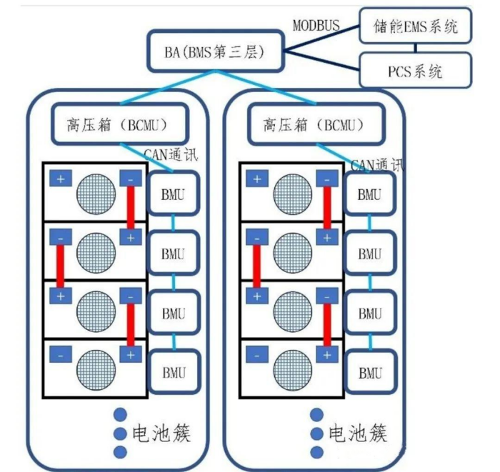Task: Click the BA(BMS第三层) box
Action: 215,51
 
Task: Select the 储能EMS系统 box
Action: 415,28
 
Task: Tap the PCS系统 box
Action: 415,71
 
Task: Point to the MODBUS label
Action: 317,26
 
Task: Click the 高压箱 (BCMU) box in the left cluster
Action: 121,124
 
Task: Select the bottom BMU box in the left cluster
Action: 173,371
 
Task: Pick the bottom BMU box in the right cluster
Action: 369,371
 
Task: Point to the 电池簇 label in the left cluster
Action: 163,433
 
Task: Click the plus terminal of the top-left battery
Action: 60,179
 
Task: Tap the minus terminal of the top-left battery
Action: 130,179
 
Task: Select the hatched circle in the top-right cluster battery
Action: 292,194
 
